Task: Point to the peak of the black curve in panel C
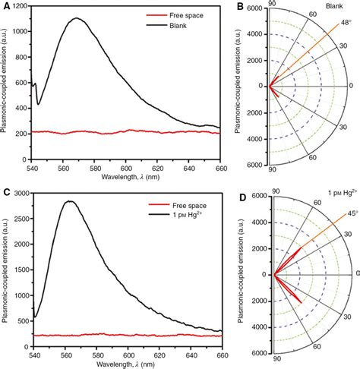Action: (x=90, y=202)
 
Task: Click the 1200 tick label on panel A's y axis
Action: (x=24, y=8)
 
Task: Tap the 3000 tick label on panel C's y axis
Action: (x=24, y=194)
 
